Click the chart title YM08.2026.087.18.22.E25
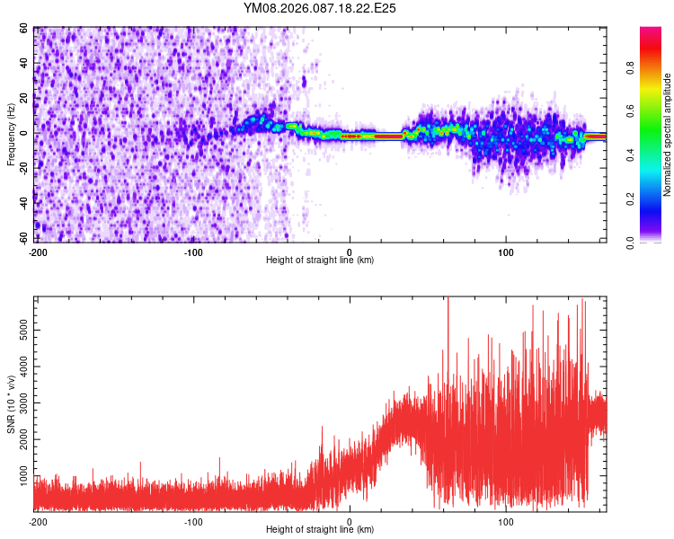pos(320,8)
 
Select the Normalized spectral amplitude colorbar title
pos(667,135)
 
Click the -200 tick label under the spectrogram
pos(37,251)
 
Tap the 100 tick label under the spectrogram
pos(505,251)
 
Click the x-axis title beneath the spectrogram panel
pos(320,261)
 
